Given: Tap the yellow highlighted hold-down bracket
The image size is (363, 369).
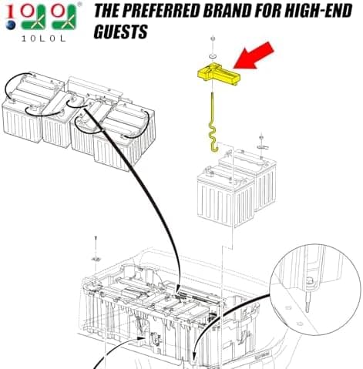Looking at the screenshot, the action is click(218, 74).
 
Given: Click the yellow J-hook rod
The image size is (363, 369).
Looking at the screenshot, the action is click(213, 123).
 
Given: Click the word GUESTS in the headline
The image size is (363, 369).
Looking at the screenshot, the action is click(120, 32).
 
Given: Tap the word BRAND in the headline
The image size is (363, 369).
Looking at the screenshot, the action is click(233, 11).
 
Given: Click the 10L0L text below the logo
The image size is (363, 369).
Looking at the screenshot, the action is click(43, 39).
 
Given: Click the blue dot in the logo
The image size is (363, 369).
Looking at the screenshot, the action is click(11, 25).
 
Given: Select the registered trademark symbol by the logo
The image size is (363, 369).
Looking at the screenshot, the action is click(80, 5).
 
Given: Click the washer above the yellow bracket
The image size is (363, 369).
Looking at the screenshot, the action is click(213, 55).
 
